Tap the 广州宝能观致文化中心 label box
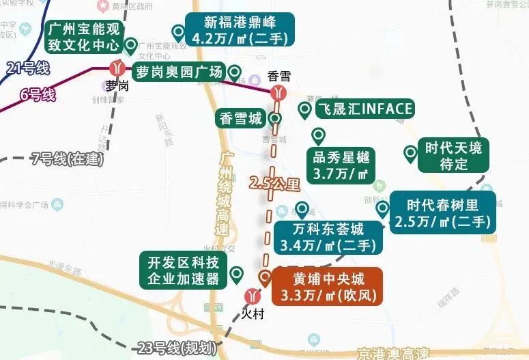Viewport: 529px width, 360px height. (x=83, y=38)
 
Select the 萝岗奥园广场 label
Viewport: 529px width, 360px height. (x=179, y=72)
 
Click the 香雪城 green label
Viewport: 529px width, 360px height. (x=240, y=119)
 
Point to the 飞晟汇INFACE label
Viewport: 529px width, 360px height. (x=364, y=109)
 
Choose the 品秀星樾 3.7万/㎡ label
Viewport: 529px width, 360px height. (x=341, y=165)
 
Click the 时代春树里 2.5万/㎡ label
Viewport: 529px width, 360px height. (x=444, y=212)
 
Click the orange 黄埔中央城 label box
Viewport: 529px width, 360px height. (x=327, y=287)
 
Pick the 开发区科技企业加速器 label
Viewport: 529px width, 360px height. (x=184, y=270)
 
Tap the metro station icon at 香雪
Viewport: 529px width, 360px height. (x=278, y=93)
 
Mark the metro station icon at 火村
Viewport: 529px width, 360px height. (x=252, y=297)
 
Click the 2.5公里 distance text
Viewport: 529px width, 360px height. (x=274, y=183)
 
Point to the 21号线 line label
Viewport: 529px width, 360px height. (x=27, y=68)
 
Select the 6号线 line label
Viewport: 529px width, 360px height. (x=38, y=94)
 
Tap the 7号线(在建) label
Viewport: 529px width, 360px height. (x=67, y=159)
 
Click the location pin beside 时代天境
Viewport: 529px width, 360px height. (x=410, y=154)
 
